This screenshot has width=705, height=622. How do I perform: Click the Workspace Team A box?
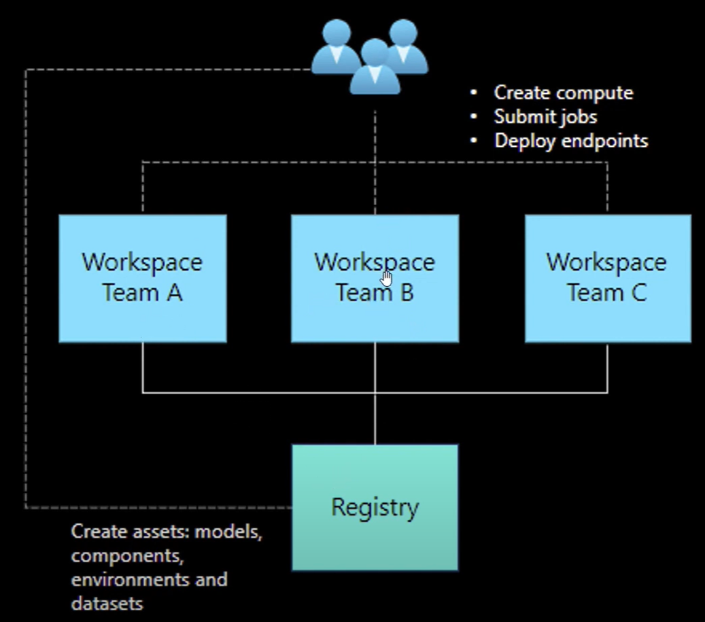tap(143, 279)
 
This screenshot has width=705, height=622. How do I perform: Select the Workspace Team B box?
tap(375, 279)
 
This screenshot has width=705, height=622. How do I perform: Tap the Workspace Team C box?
tap(608, 279)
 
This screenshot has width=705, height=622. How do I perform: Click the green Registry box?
tap(375, 508)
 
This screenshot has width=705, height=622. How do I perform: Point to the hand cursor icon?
tap(385, 278)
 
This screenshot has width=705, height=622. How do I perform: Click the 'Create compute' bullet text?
tap(564, 93)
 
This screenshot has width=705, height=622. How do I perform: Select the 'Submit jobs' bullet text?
tap(545, 117)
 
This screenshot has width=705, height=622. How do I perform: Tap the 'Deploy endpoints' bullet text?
tap(571, 141)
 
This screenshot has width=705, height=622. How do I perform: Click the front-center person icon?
tap(375, 67)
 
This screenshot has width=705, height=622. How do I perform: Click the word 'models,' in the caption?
tap(228, 532)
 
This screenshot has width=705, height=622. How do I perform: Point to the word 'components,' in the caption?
tap(128, 557)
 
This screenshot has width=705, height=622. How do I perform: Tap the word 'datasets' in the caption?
tap(107, 604)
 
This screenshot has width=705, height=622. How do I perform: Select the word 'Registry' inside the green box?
tap(375, 508)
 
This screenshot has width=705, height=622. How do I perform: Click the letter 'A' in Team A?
tap(175, 293)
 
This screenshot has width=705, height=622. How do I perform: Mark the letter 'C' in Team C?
tap(639, 293)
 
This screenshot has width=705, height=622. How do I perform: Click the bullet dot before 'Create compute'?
tap(473, 92)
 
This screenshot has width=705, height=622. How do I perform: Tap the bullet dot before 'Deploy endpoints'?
tap(473, 141)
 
